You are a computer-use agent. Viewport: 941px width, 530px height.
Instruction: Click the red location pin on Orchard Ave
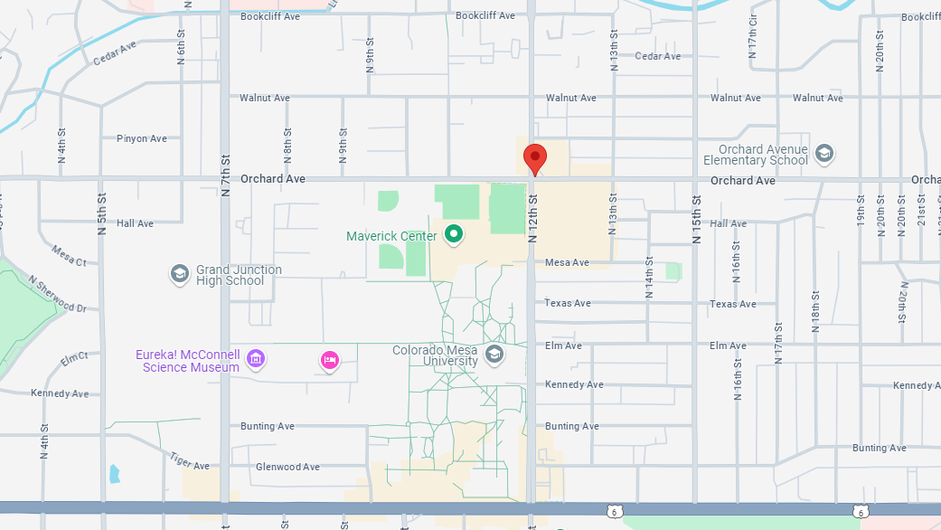[x=535, y=159]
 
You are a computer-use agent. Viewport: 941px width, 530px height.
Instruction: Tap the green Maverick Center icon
[x=455, y=235]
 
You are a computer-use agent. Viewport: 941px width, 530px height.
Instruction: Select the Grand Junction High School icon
[x=179, y=273]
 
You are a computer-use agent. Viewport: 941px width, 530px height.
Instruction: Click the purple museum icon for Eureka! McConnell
[x=256, y=360]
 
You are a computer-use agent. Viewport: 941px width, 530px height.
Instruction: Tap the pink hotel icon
[x=330, y=361]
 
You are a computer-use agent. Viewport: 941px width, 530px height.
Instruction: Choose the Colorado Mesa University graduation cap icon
[x=494, y=354]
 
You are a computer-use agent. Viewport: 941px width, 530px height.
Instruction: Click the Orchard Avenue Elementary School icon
[x=823, y=153]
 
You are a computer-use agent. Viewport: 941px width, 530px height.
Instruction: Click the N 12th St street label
[x=532, y=222]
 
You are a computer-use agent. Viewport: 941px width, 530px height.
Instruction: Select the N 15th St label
[x=696, y=222]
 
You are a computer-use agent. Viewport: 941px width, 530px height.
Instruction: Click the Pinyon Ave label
[x=142, y=138]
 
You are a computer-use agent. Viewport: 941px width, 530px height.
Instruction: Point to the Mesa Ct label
[x=69, y=256]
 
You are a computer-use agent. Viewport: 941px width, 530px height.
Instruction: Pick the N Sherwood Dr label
[x=57, y=295]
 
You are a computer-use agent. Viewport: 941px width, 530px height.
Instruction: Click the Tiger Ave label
[x=190, y=461]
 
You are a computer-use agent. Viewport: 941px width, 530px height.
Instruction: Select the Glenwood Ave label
[x=287, y=467]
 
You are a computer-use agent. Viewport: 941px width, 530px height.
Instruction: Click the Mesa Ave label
[x=567, y=263]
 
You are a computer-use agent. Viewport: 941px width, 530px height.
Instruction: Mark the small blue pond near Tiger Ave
[x=114, y=473]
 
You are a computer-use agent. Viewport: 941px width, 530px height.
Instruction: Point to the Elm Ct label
[x=75, y=358]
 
